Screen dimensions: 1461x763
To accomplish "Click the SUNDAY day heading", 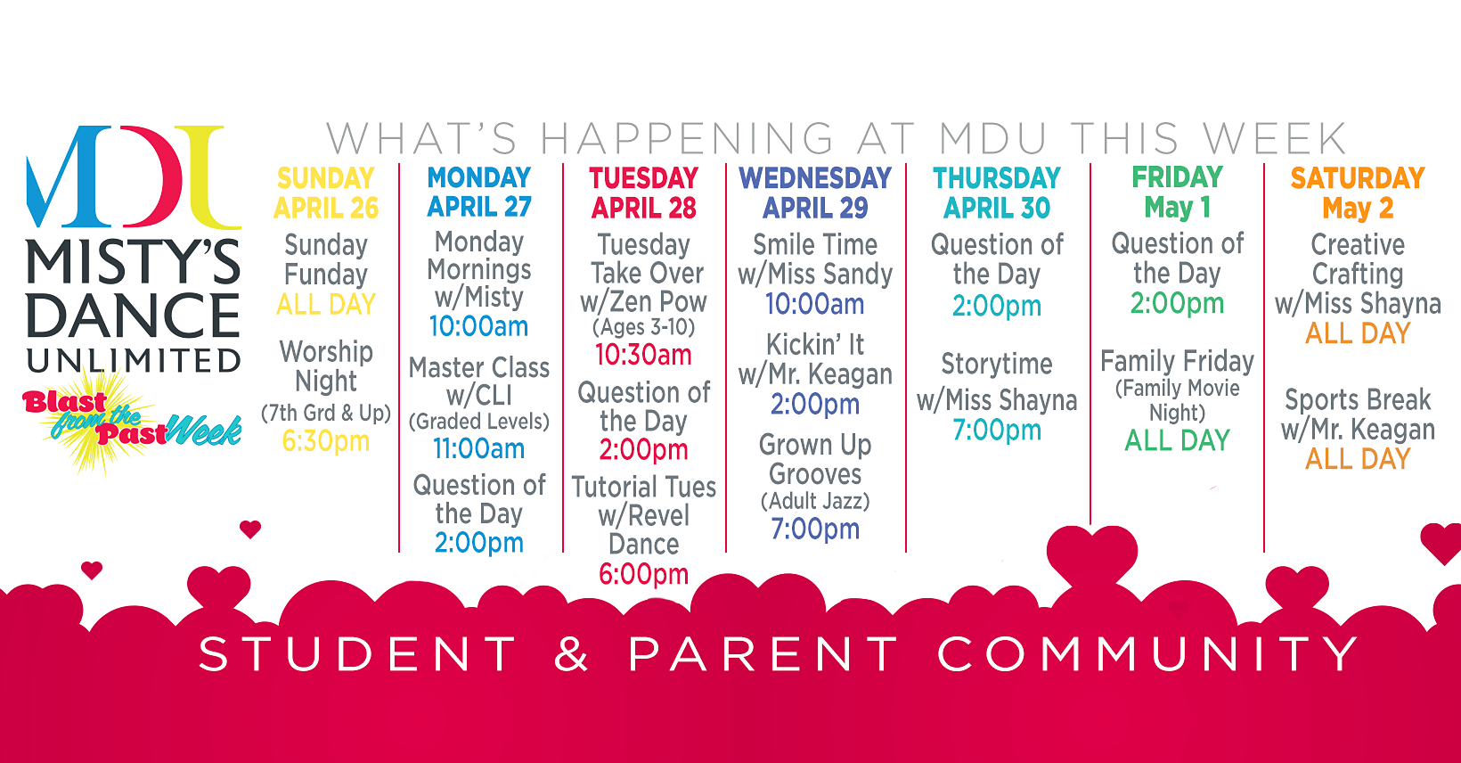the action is pyautogui.click(x=325, y=178).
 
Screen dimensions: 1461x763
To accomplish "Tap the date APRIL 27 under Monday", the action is pyautogui.click(x=479, y=207).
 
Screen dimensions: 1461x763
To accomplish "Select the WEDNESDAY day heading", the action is pyautogui.click(x=814, y=178).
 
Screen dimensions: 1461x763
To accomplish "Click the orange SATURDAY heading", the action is pyautogui.click(x=1358, y=178).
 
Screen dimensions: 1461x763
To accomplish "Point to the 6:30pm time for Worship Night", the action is pyautogui.click(x=325, y=442).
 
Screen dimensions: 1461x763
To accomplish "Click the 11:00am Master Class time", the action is pyautogui.click(x=478, y=449).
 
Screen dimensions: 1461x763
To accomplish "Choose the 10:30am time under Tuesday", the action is pyautogui.click(x=643, y=355).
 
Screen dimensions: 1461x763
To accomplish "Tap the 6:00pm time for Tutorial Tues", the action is pyautogui.click(x=644, y=574).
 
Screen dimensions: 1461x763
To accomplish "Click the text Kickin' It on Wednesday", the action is pyautogui.click(x=814, y=344).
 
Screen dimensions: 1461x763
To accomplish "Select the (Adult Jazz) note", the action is pyautogui.click(x=815, y=501).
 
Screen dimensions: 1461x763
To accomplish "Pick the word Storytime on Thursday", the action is pyautogui.click(x=997, y=365).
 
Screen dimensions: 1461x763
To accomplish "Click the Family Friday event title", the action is pyautogui.click(x=1178, y=361).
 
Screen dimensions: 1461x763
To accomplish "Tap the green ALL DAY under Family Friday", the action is pyautogui.click(x=1178, y=440).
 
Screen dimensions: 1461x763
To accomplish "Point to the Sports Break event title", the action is pyautogui.click(x=1358, y=399).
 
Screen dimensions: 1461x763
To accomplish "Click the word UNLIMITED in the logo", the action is pyautogui.click(x=134, y=360).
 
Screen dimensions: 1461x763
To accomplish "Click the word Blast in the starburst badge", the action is pyautogui.click(x=64, y=402).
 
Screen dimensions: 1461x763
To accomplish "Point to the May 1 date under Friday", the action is pyautogui.click(x=1178, y=208).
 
